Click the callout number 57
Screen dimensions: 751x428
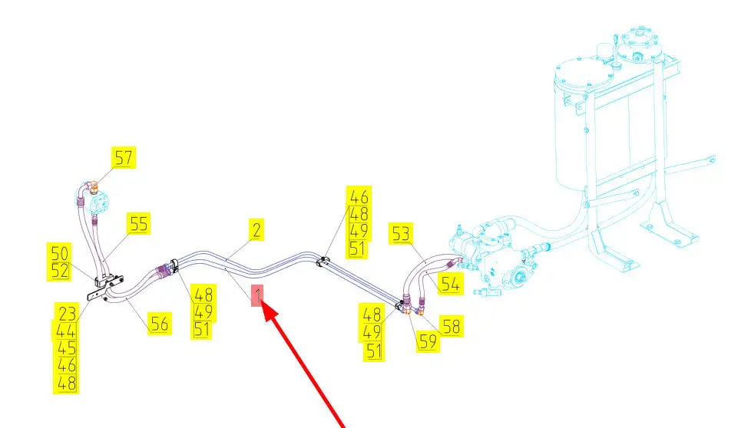coord(124,158)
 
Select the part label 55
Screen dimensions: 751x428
coord(138,223)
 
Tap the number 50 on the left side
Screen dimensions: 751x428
coord(60,253)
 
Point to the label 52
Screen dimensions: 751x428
coord(60,271)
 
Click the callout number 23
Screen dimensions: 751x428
coord(67,312)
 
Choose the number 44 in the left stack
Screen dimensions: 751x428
coord(67,331)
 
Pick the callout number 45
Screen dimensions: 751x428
coord(67,348)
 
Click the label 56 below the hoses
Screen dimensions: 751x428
coord(159,324)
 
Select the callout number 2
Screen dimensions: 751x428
coord(256,229)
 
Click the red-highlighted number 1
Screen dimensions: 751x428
coord(260,295)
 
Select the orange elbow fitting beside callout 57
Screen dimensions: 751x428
coord(92,186)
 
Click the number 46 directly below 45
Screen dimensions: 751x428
coord(67,366)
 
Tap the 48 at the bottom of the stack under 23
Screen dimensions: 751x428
coord(67,384)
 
